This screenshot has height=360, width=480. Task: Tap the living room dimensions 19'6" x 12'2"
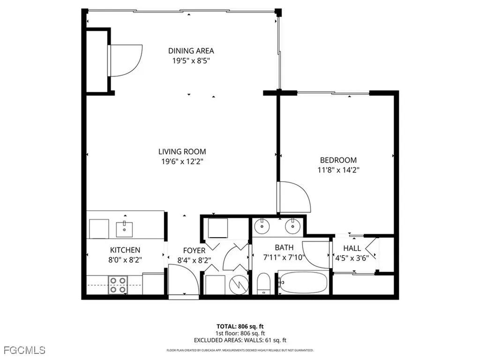182,161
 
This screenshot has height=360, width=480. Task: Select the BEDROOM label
338,160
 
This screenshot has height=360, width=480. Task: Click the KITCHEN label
125,250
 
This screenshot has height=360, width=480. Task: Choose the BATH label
284,247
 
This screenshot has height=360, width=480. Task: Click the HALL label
352,248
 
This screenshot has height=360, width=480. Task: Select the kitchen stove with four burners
118,285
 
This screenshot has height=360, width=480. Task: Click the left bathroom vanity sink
262,226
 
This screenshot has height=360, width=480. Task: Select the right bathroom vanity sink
294,226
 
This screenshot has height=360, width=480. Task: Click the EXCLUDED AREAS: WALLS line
240,341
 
